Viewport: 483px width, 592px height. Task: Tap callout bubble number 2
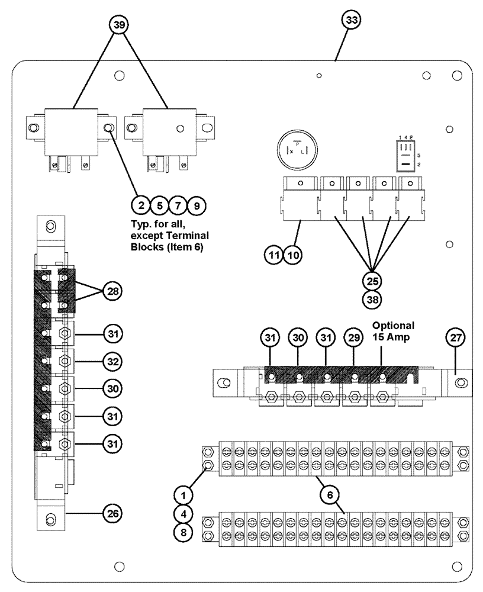[x=141, y=206]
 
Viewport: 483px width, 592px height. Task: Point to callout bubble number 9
[x=197, y=206]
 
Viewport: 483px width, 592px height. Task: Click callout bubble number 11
[x=274, y=255]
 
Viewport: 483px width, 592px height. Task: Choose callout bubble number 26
[x=112, y=513]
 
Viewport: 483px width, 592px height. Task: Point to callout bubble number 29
[x=353, y=338]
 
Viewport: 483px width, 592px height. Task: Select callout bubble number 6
[x=331, y=493]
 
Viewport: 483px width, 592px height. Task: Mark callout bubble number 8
[x=183, y=532]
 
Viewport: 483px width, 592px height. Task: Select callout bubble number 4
[x=183, y=513]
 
